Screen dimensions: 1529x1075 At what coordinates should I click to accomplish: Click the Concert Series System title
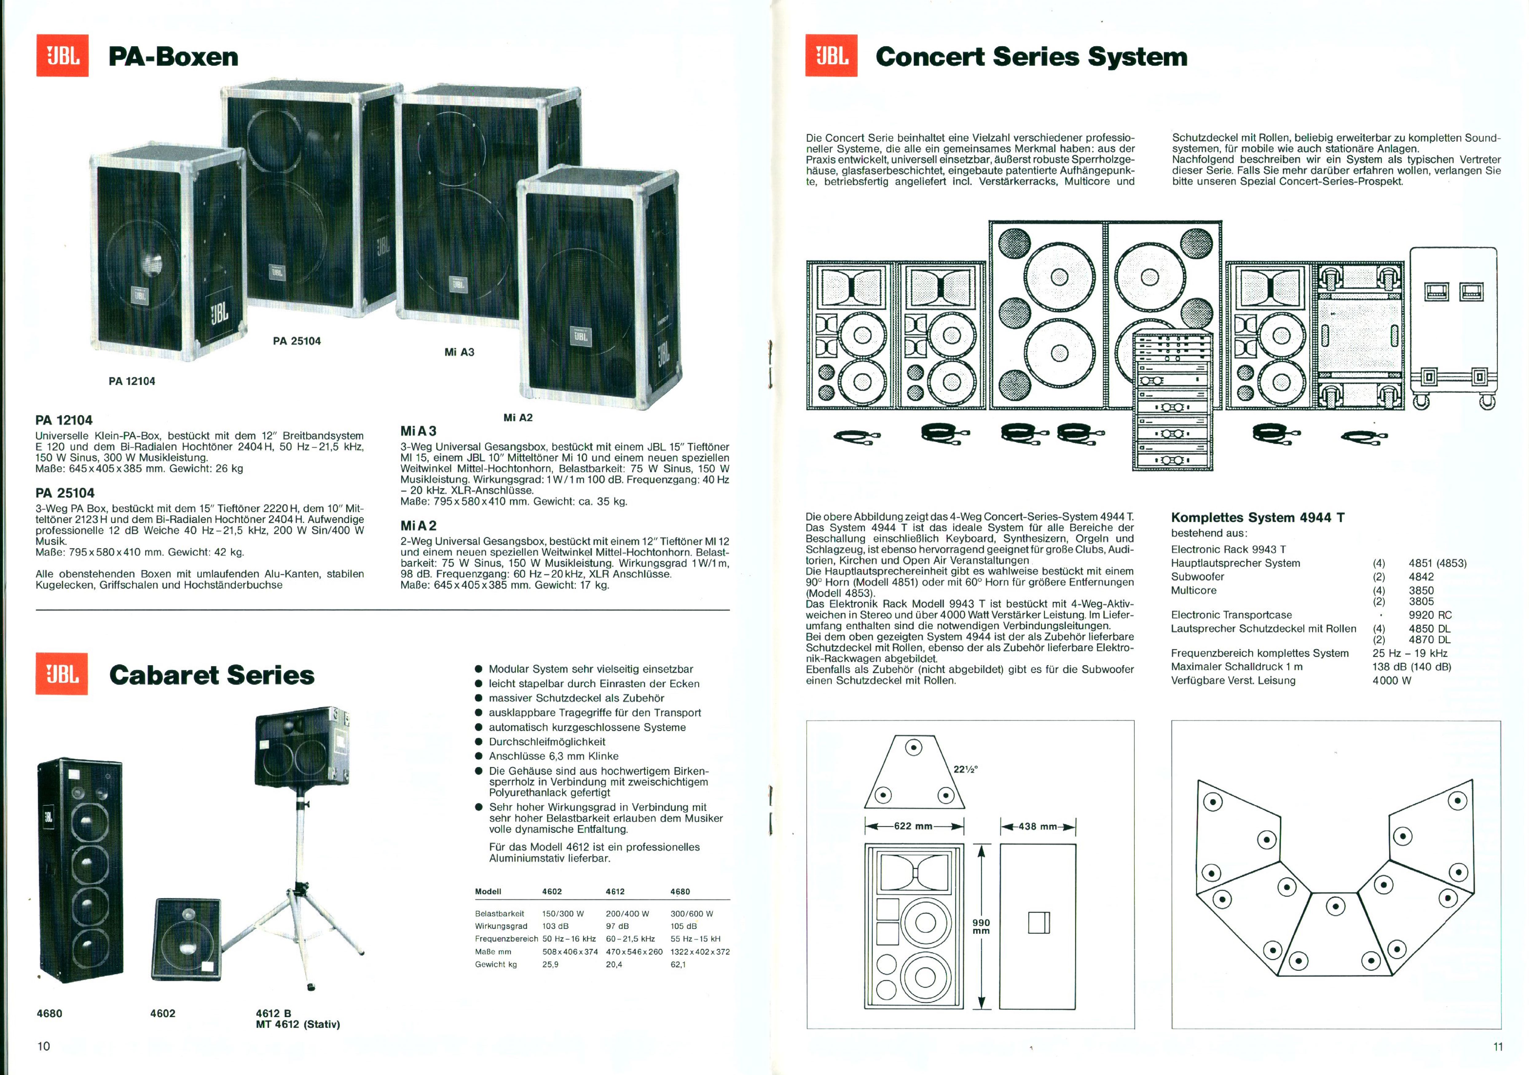click(1031, 57)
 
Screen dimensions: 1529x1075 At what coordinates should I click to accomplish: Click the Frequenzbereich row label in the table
click(506, 939)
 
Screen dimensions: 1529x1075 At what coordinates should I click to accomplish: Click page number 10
click(43, 1046)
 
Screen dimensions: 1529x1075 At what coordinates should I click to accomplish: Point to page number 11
click(1498, 1046)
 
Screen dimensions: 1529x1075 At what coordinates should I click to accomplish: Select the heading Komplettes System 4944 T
click(1257, 517)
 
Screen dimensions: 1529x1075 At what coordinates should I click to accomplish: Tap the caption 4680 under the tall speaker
click(49, 1013)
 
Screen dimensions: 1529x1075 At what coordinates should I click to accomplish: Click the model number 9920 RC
click(1430, 615)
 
